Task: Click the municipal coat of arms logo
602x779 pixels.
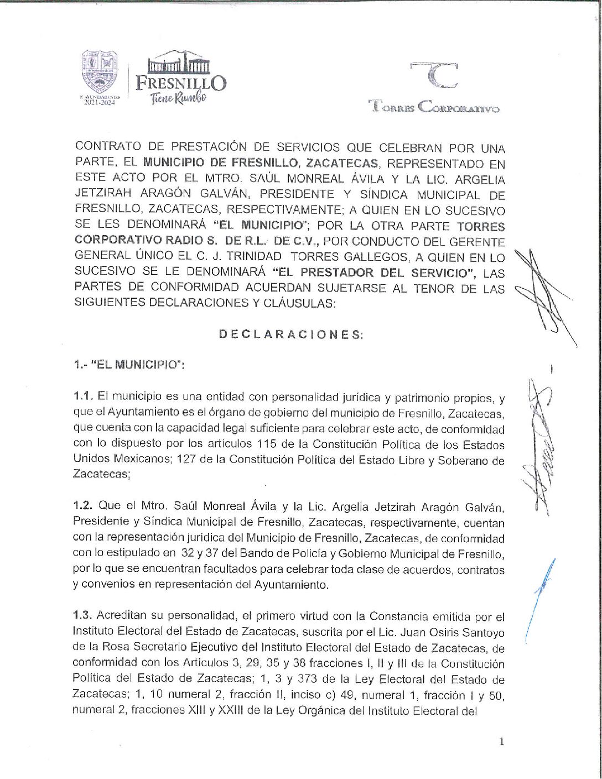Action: tap(100, 72)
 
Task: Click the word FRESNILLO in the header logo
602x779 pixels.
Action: tap(180, 84)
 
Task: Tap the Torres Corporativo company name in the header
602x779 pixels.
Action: tap(434, 107)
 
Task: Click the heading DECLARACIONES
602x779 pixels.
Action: tap(291, 334)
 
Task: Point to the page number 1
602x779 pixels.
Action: tap(501, 742)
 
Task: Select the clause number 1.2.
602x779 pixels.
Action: tap(84, 507)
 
